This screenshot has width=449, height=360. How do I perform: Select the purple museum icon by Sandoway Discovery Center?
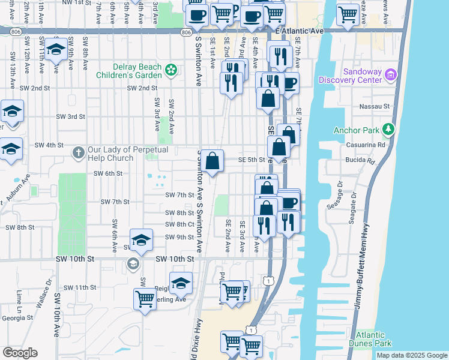[x=391, y=74]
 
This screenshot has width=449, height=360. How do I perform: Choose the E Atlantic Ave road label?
[x=299, y=30]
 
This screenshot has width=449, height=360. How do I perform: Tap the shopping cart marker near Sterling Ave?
[x=145, y=298]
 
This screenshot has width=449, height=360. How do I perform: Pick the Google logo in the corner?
[x=20, y=353]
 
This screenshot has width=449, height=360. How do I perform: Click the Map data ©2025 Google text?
[x=411, y=355]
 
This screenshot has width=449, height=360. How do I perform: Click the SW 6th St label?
[x=108, y=173]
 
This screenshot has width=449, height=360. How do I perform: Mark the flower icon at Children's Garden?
[x=171, y=70]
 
